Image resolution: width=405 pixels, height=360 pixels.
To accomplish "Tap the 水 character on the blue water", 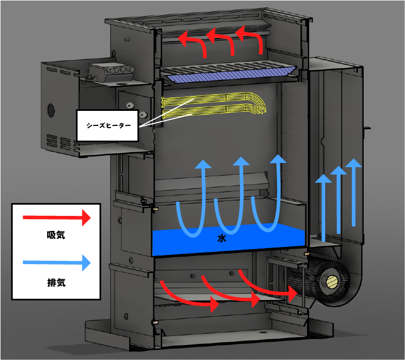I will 221,239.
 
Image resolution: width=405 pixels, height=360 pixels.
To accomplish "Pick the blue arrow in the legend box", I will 56,262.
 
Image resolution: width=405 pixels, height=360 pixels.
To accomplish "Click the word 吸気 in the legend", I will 56,235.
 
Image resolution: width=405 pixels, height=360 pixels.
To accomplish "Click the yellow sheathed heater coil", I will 214,106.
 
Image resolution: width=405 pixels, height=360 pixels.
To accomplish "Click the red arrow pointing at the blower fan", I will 268,287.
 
